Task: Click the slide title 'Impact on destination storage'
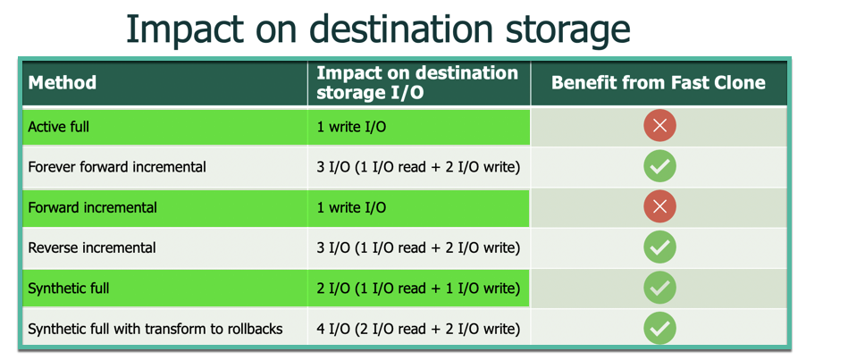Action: (378, 30)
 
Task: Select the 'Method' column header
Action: (63, 83)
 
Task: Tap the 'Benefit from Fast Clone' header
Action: (659, 82)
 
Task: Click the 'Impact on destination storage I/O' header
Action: (417, 83)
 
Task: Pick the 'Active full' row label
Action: (58, 127)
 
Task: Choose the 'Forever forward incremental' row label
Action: (117, 167)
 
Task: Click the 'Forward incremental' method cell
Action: (92, 207)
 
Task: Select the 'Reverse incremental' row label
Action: (92, 248)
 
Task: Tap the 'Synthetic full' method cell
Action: (69, 289)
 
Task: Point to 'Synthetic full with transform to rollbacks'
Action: (155, 329)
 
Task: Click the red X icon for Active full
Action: (659, 126)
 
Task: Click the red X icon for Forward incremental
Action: (659, 206)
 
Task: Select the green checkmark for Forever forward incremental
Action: (659, 166)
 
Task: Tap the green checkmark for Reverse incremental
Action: (659, 247)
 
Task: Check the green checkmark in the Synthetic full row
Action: (659, 288)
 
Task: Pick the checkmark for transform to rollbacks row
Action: (659, 328)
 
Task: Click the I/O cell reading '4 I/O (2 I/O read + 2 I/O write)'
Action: (418, 329)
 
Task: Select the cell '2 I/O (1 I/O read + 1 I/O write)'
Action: (418, 289)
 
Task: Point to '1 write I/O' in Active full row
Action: (351, 127)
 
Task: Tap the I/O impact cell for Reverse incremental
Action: (418, 248)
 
